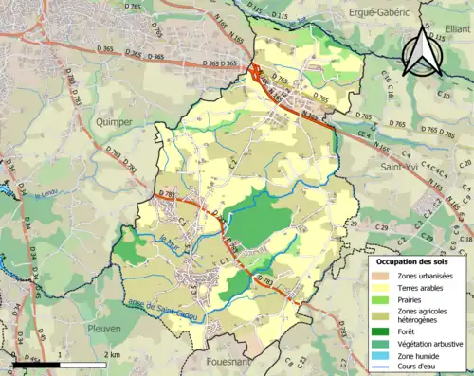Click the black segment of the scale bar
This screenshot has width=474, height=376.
coord(35,364)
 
